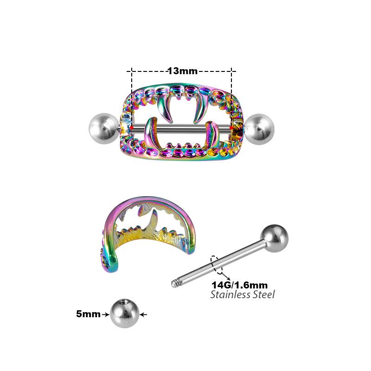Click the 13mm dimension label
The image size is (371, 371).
click(x=182, y=71)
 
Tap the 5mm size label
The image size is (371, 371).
click(x=88, y=314)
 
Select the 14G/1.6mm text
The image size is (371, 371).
click(x=239, y=285)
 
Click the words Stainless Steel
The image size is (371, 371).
click(x=243, y=294)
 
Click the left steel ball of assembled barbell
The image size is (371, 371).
click(x=102, y=127)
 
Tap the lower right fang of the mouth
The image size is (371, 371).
click(x=211, y=134)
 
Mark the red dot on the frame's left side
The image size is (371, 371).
click(x=132, y=127)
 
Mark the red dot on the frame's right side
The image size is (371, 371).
click(x=231, y=127)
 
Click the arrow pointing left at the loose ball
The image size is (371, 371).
click(x=143, y=314)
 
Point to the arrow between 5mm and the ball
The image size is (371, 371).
click(x=106, y=314)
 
